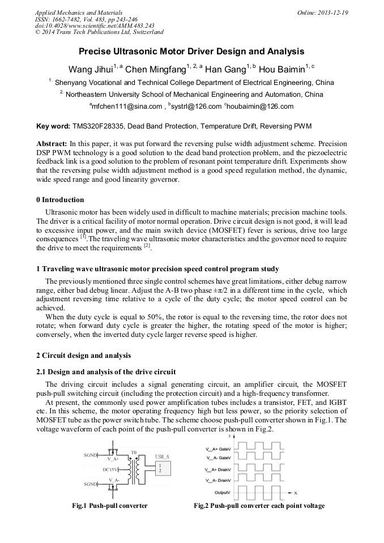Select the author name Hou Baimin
tap(283, 70)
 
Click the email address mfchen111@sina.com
tap(118, 106)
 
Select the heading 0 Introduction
tap(60, 200)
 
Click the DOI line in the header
tap(95, 25)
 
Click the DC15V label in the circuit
tap(110, 469)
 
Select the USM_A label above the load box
tap(163, 456)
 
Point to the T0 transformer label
tap(134, 452)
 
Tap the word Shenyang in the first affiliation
tap(71, 82)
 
